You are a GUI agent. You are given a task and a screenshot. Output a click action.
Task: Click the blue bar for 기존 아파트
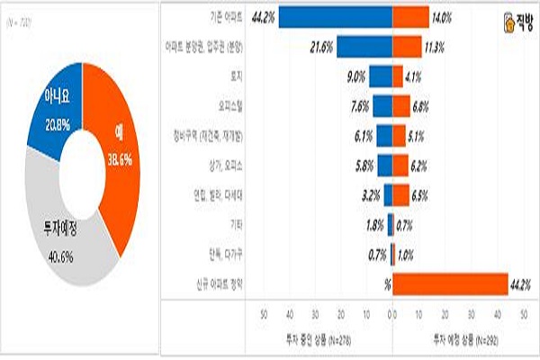coord(335,17)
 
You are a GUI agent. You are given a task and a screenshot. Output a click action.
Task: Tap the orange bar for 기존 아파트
coord(410,17)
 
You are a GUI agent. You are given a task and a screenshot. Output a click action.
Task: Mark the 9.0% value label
coord(355,76)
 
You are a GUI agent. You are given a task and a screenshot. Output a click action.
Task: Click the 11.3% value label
coord(436,46)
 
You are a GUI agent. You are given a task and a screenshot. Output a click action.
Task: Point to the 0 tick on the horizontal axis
coord(392,316)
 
